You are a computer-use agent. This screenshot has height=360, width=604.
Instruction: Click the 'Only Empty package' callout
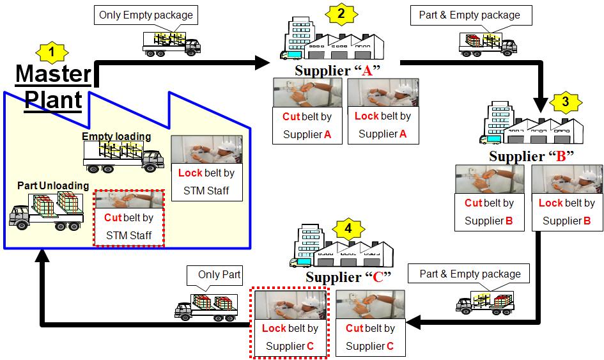coord(145,15)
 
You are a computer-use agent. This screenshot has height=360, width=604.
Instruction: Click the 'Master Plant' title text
coord(54,86)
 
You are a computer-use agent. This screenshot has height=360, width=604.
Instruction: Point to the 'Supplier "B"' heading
coord(531,157)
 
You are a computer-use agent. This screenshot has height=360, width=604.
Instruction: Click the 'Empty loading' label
coord(116,136)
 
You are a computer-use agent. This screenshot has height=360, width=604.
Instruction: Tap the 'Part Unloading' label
coord(53,185)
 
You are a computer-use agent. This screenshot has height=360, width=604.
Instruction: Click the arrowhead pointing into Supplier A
coord(263,62)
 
